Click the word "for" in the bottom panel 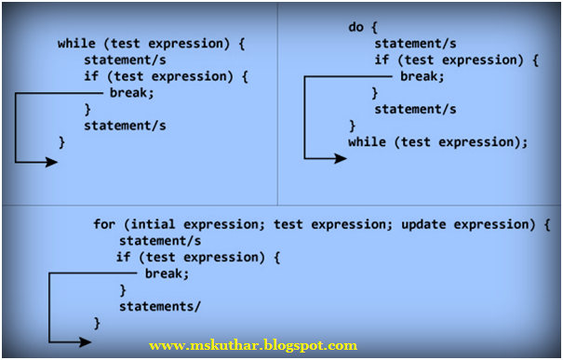[x=105, y=224]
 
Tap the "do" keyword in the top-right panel [x=355, y=27]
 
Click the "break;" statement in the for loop [x=168, y=273]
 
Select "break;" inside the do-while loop [x=422, y=76]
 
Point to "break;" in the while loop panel [x=131, y=93]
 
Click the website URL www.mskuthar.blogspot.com [x=252, y=345]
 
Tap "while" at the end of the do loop [x=367, y=142]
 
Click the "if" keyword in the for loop [x=124, y=257]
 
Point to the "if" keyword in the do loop [x=382, y=60]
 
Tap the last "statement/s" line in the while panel [x=125, y=126]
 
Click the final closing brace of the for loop [x=97, y=323]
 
